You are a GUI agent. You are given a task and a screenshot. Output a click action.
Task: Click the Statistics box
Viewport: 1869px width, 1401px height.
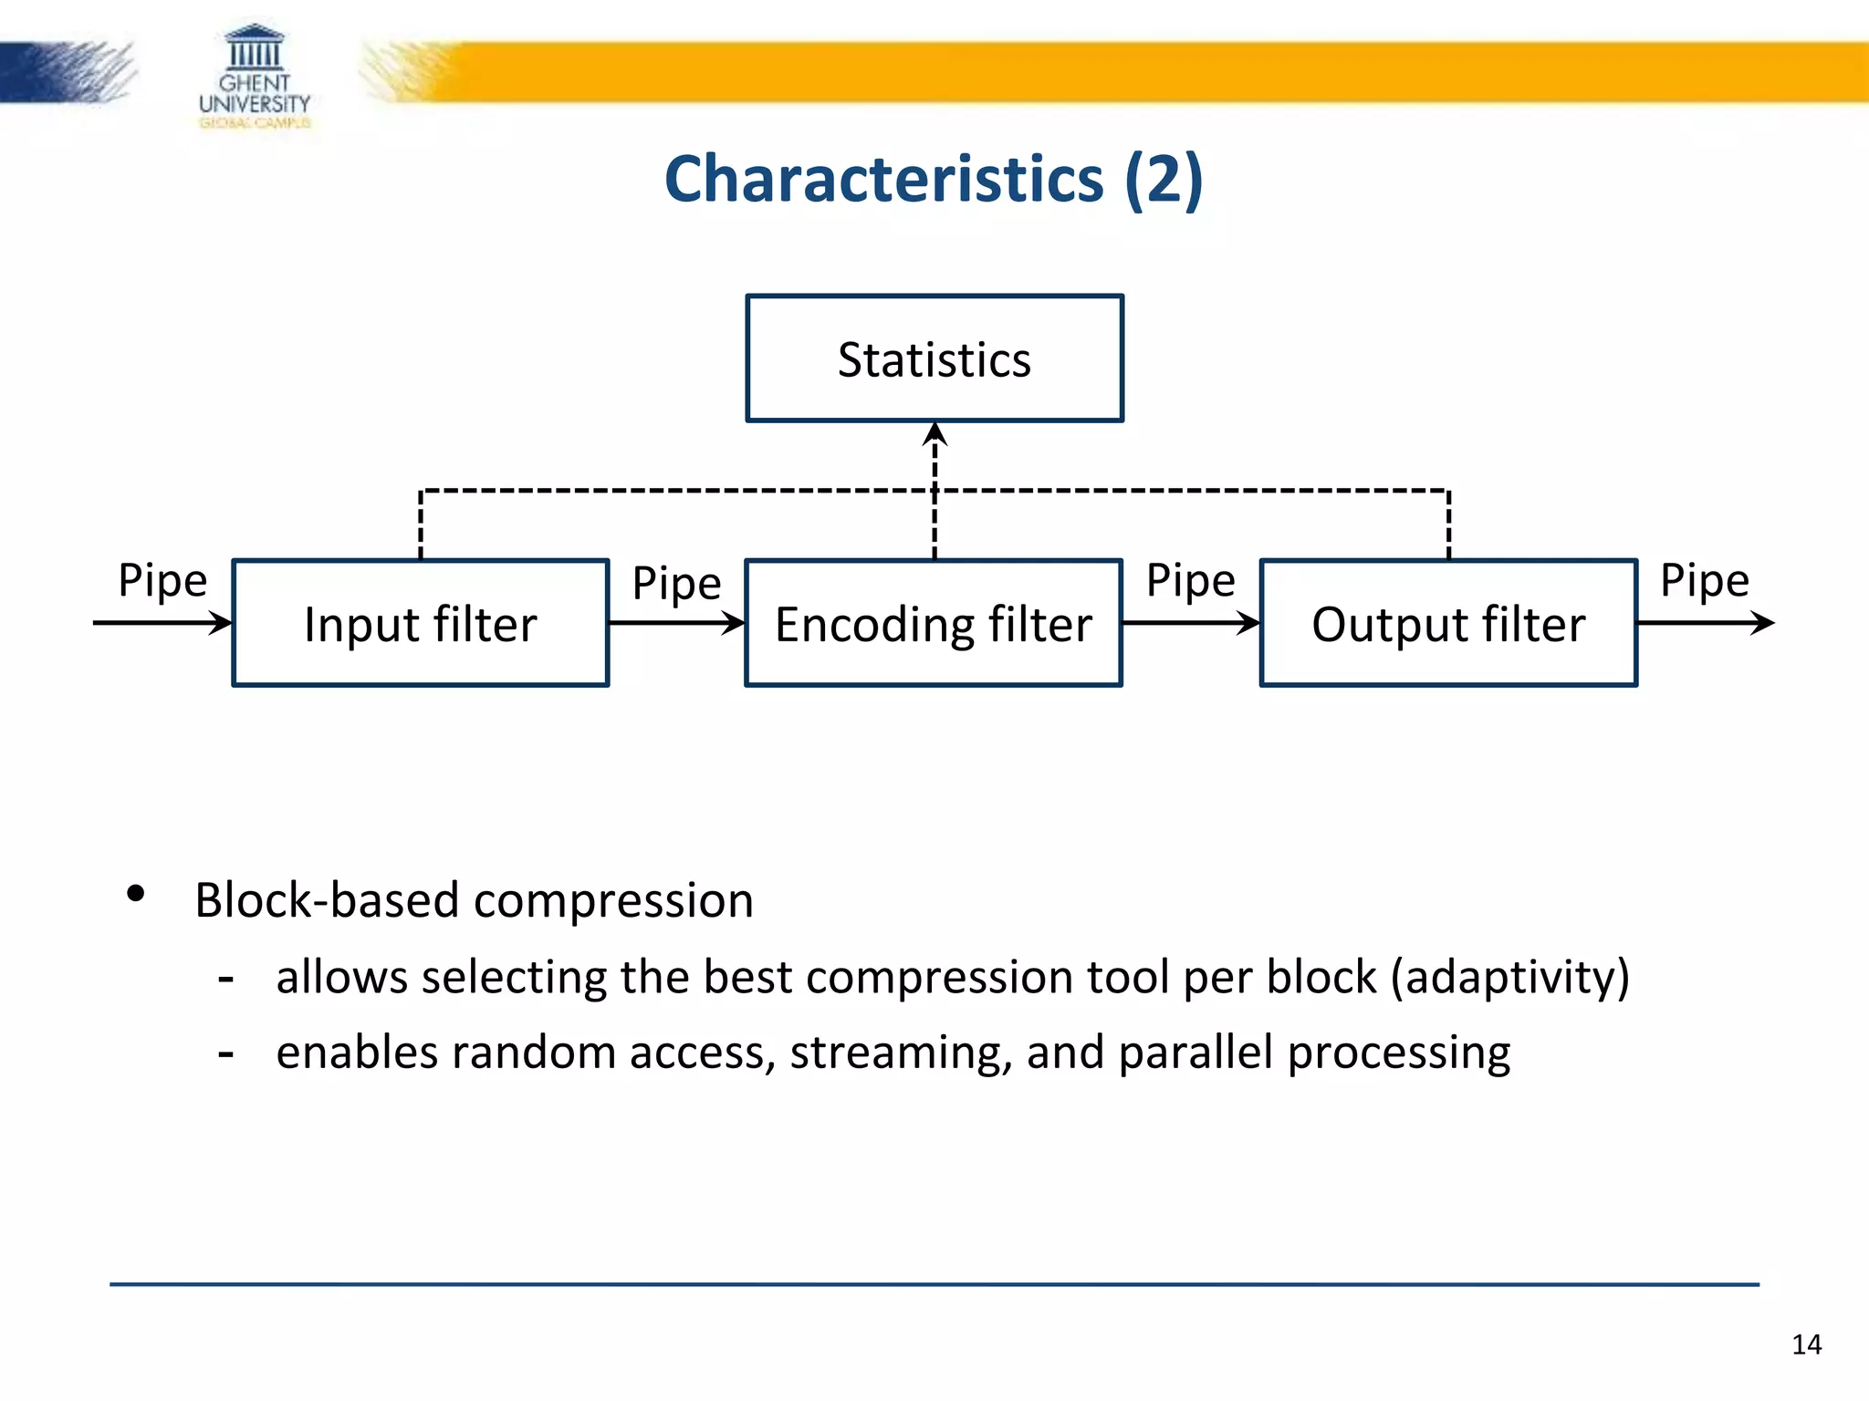click(934, 358)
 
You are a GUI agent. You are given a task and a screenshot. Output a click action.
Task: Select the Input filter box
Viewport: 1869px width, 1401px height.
click(421, 623)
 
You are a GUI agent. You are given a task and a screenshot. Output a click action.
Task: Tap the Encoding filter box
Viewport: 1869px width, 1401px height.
click(934, 623)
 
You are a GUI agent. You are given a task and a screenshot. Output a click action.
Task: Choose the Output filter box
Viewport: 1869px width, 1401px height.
click(1448, 623)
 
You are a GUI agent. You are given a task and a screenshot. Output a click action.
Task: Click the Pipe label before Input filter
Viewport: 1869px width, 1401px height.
click(162, 581)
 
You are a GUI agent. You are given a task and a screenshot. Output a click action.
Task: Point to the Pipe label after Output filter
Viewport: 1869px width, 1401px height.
click(1704, 581)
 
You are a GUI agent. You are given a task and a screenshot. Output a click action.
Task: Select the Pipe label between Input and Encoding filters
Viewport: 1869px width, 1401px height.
click(676, 584)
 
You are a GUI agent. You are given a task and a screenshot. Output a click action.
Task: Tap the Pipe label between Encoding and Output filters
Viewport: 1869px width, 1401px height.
click(1190, 581)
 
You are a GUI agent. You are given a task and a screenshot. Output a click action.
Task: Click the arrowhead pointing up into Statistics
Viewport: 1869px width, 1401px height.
click(934, 433)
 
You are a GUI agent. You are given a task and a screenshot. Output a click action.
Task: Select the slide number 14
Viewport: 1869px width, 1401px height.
click(1806, 1344)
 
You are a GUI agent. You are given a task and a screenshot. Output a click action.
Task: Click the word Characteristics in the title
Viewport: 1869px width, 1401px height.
click(883, 179)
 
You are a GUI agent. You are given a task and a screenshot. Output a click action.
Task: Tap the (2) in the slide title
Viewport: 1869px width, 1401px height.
click(1164, 179)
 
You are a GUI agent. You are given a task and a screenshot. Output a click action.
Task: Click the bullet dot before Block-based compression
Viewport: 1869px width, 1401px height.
click(136, 894)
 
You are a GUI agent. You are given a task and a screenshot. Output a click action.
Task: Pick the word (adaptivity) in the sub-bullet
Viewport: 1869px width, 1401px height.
click(1509, 977)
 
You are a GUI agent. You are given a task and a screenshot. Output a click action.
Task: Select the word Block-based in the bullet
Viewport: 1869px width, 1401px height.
click(326, 900)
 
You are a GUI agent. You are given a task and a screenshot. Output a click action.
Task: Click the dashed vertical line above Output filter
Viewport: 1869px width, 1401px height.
click(1448, 525)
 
